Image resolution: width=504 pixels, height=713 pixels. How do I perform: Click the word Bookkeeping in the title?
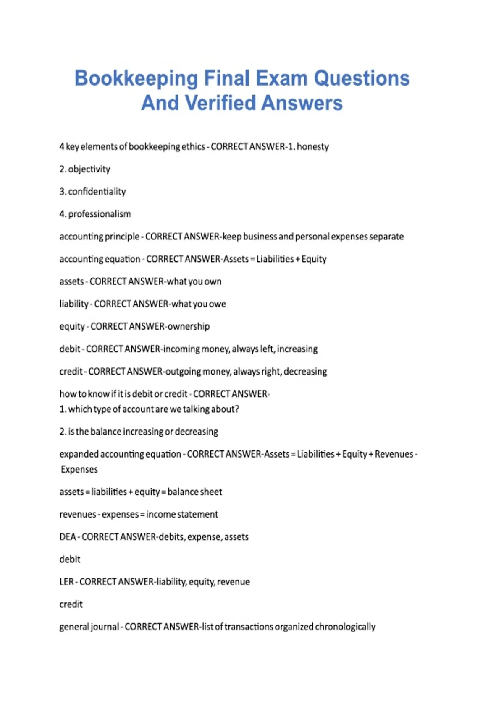136,79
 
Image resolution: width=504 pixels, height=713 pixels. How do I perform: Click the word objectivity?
89,169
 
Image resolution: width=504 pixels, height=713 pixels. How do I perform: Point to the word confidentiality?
97,192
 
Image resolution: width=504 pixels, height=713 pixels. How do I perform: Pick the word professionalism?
100,214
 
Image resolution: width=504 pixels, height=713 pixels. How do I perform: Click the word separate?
386,237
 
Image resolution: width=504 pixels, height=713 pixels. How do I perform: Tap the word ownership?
189,326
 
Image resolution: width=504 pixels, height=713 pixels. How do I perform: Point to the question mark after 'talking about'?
237,409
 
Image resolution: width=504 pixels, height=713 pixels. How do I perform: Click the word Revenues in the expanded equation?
394,454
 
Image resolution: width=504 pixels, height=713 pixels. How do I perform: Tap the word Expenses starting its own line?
79,469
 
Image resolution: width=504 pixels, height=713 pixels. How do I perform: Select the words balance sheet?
194,492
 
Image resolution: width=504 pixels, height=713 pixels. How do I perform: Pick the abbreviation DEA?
67,537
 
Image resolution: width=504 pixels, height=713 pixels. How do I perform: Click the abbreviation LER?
67,582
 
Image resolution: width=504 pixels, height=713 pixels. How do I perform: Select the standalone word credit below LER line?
71,604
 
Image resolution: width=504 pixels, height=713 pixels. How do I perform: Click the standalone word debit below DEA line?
70,559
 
